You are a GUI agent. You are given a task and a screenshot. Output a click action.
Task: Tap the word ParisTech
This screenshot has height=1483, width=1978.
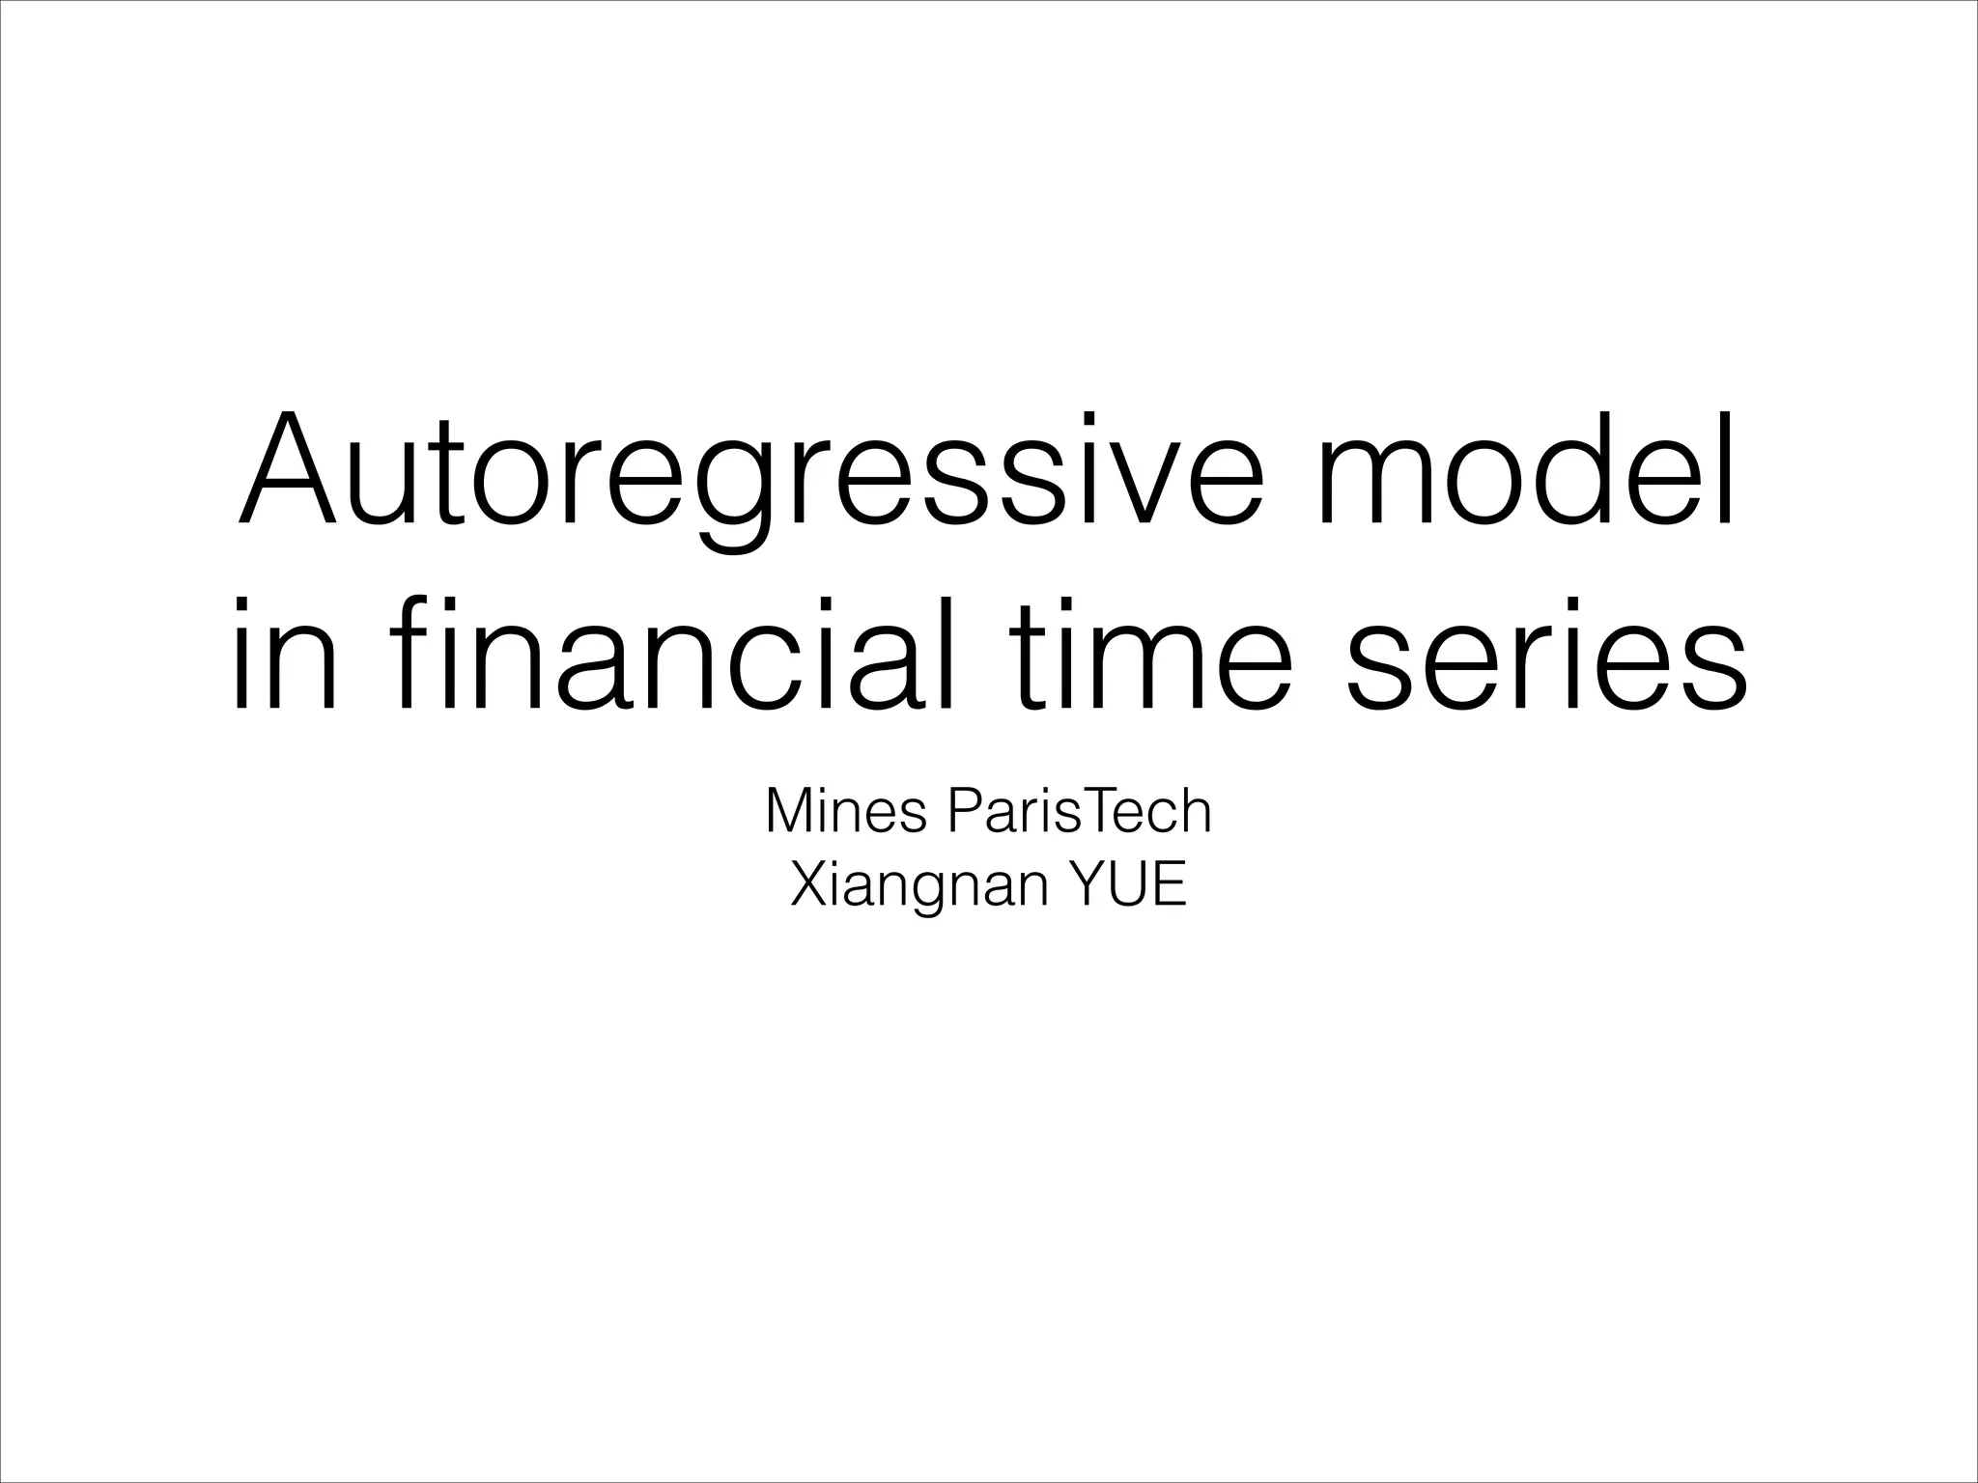pos(1080,812)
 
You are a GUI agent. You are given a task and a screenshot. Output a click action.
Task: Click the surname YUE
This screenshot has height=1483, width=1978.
pos(1126,885)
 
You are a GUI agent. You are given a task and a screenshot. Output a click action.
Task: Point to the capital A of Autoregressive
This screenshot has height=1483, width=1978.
pos(288,470)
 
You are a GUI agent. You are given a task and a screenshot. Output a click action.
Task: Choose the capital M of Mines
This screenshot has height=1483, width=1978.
pos(789,812)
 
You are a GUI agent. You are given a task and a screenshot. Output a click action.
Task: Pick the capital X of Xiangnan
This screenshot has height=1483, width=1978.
pos(808,885)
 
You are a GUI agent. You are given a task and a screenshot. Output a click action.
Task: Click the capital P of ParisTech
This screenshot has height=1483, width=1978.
pos(966,812)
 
